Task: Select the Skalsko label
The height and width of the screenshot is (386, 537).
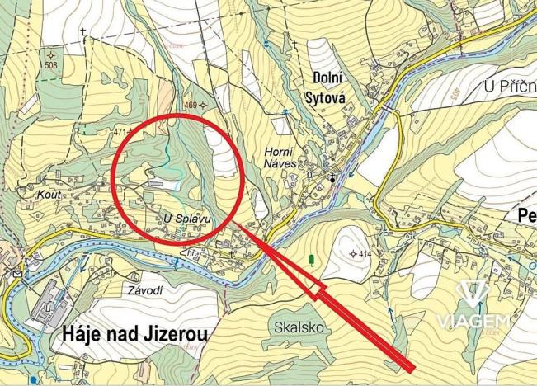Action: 294,327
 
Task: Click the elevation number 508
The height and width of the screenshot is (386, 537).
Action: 51,65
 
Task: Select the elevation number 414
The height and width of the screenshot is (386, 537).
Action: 365,253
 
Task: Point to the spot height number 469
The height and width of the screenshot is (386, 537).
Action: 191,105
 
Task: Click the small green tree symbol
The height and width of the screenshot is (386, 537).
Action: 311,260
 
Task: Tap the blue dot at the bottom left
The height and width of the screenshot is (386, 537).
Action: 32,380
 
